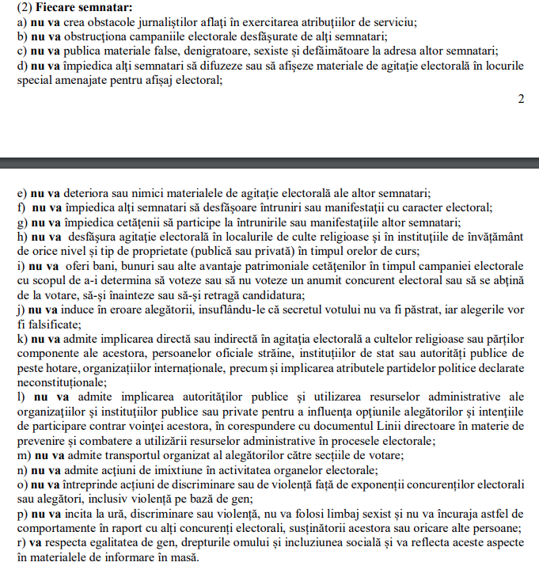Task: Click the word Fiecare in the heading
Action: (x=55, y=9)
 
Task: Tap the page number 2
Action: (x=521, y=99)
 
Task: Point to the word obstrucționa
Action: (x=93, y=36)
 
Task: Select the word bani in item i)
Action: (x=101, y=265)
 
